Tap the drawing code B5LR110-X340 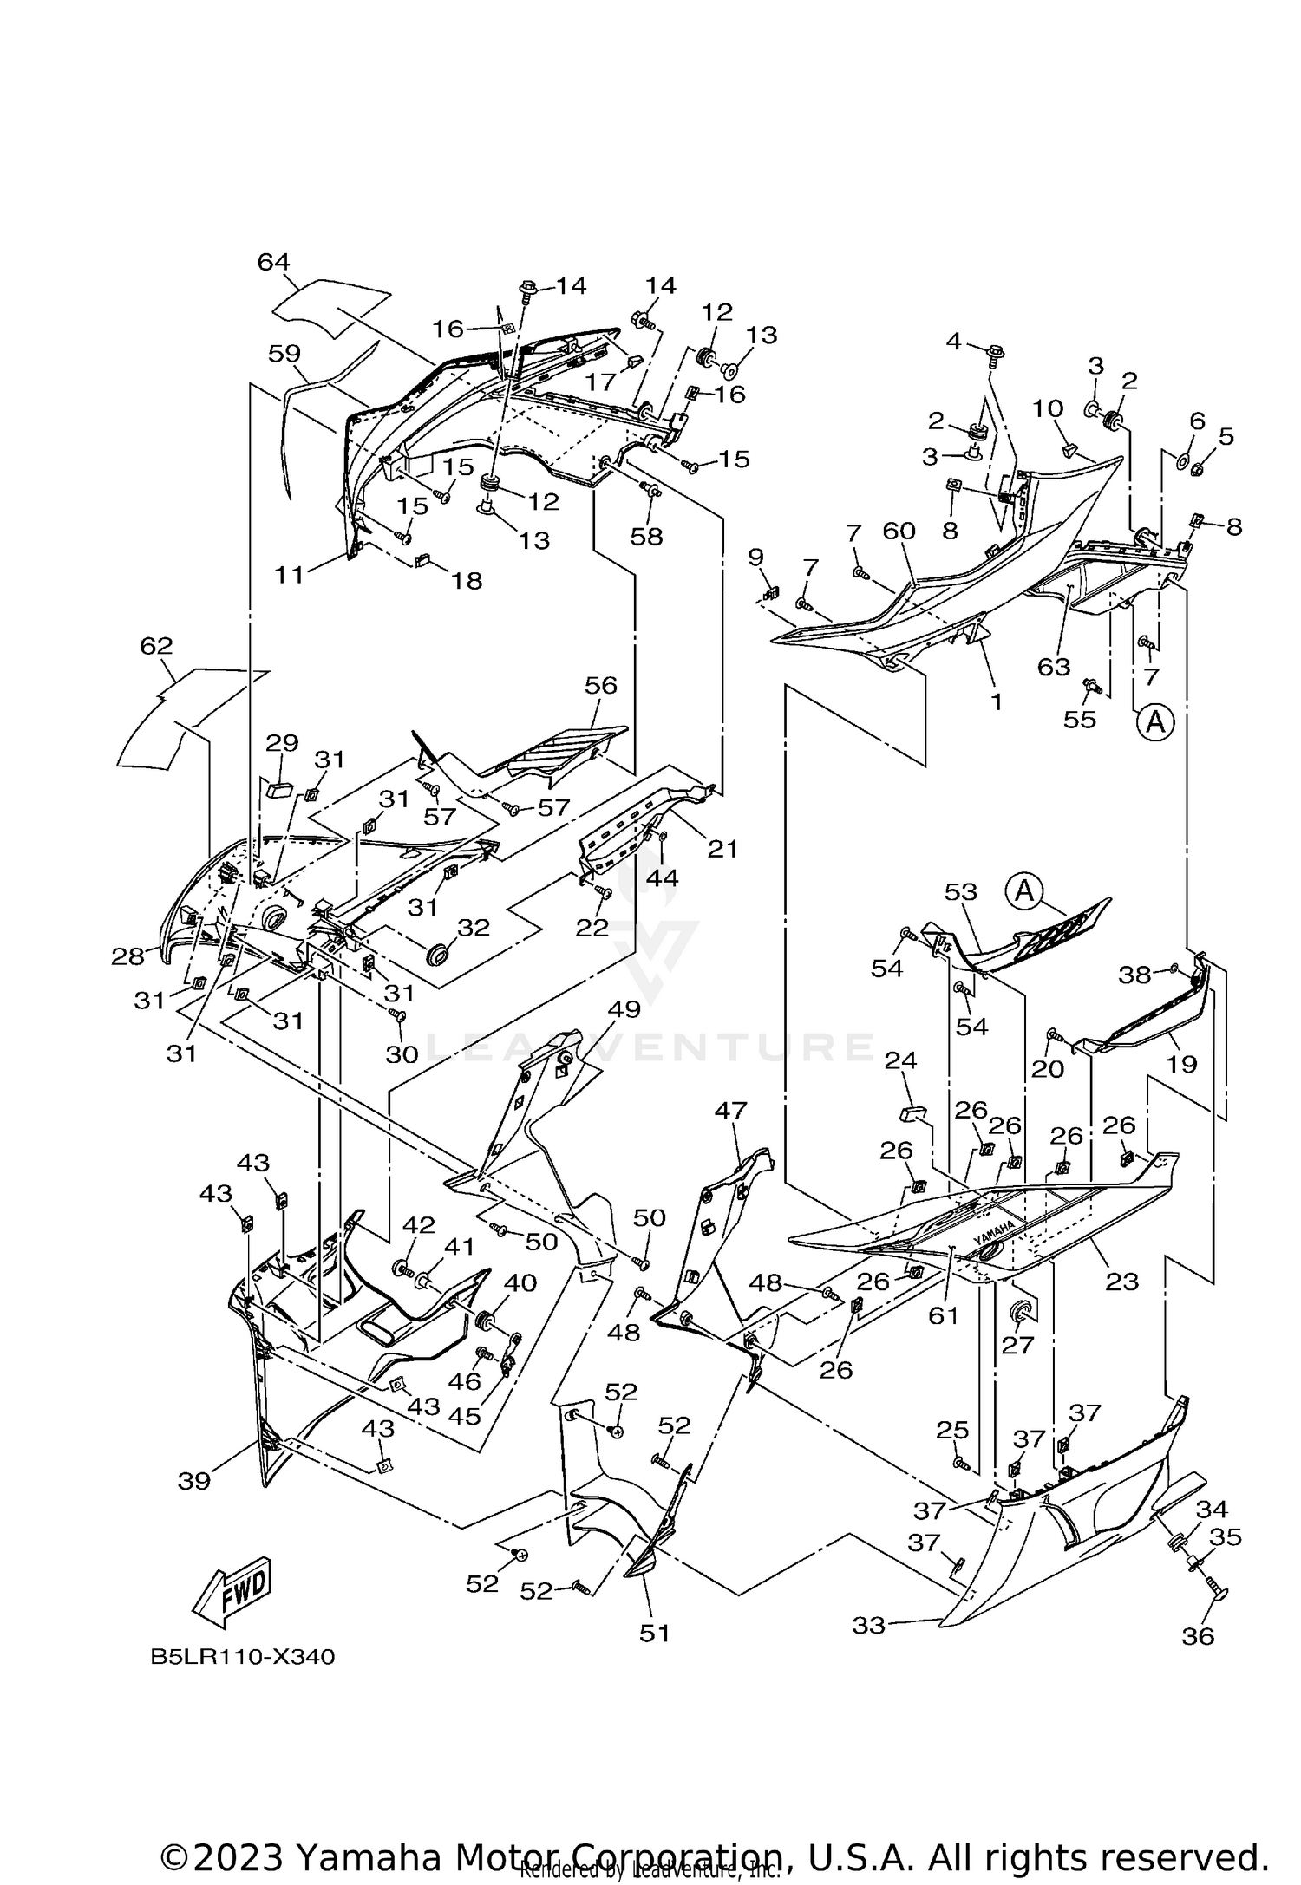(242, 1657)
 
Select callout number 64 (273, 262)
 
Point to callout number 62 (156, 646)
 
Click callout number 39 (194, 1481)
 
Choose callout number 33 (868, 1626)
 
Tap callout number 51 (655, 1633)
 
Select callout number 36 (1198, 1635)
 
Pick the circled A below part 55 (1155, 721)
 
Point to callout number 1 (996, 701)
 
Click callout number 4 (954, 342)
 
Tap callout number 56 (600, 685)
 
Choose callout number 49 (624, 1009)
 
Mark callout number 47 (731, 1110)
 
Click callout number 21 (722, 848)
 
